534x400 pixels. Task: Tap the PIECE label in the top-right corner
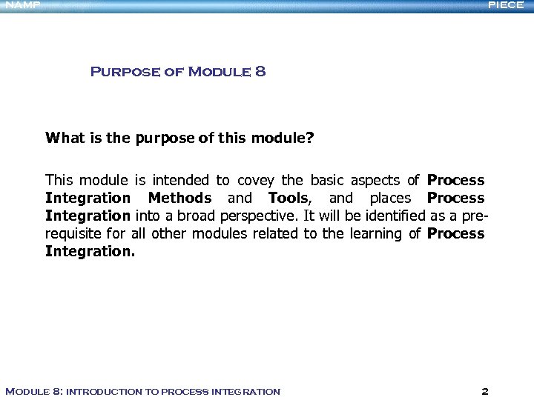point(506,5)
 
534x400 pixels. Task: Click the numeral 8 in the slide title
point(260,72)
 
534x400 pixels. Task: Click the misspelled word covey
point(257,180)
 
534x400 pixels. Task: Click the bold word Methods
point(179,198)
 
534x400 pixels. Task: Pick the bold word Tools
point(288,198)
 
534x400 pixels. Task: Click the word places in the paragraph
point(389,198)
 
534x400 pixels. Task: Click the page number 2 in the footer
point(484,391)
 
